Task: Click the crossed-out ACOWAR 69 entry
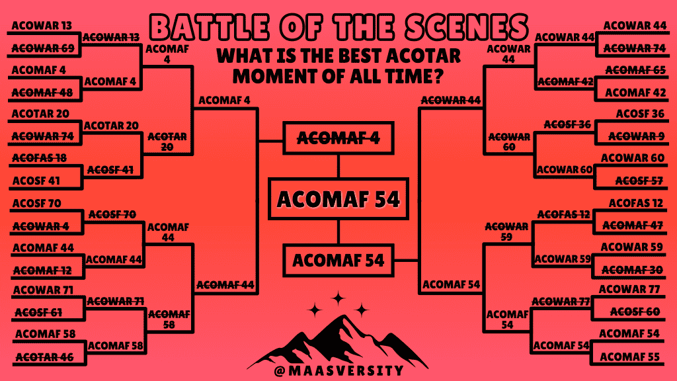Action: pyautogui.click(x=43, y=48)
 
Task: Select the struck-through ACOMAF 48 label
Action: pyautogui.click(x=42, y=93)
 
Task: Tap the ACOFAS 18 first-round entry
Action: pyautogui.click(x=39, y=158)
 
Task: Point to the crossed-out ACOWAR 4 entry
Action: pyautogui.click(x=40, y=226)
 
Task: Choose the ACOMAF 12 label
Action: pyautogui.click(x=42, y=271)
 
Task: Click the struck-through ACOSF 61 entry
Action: pyautogui.click(x=38, y=312)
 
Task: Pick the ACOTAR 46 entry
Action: pyautogui.click(x=44, y=357)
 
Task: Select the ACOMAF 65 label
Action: pyautogui.click(x=635, y=70)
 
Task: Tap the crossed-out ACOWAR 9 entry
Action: pyautogui.click(x=637, y=136)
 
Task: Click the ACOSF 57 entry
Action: pyautogui.click(x=639, y=181)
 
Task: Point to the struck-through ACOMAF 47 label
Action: pyautogui.click(x=633, y=225)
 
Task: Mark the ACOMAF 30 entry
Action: pyautogui.click(x=632, y=270)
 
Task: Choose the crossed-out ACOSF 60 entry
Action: pyautogui.click(x=635, y=312)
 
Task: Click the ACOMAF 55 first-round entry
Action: pyautogui.click(x=629, y=357)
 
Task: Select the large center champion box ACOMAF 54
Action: pyautogui.click(x=338, y=199)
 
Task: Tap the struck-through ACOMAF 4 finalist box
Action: pyautogui.click(x=338, y=138)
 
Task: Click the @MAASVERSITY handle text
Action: pyautogui.click(x=339, y=370)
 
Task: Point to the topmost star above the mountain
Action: pyautogui.click(x=338, y=298)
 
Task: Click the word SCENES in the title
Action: pyautogui.click(x=467, y=27)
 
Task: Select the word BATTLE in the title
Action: pyautogui.click(x=210, y=27)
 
